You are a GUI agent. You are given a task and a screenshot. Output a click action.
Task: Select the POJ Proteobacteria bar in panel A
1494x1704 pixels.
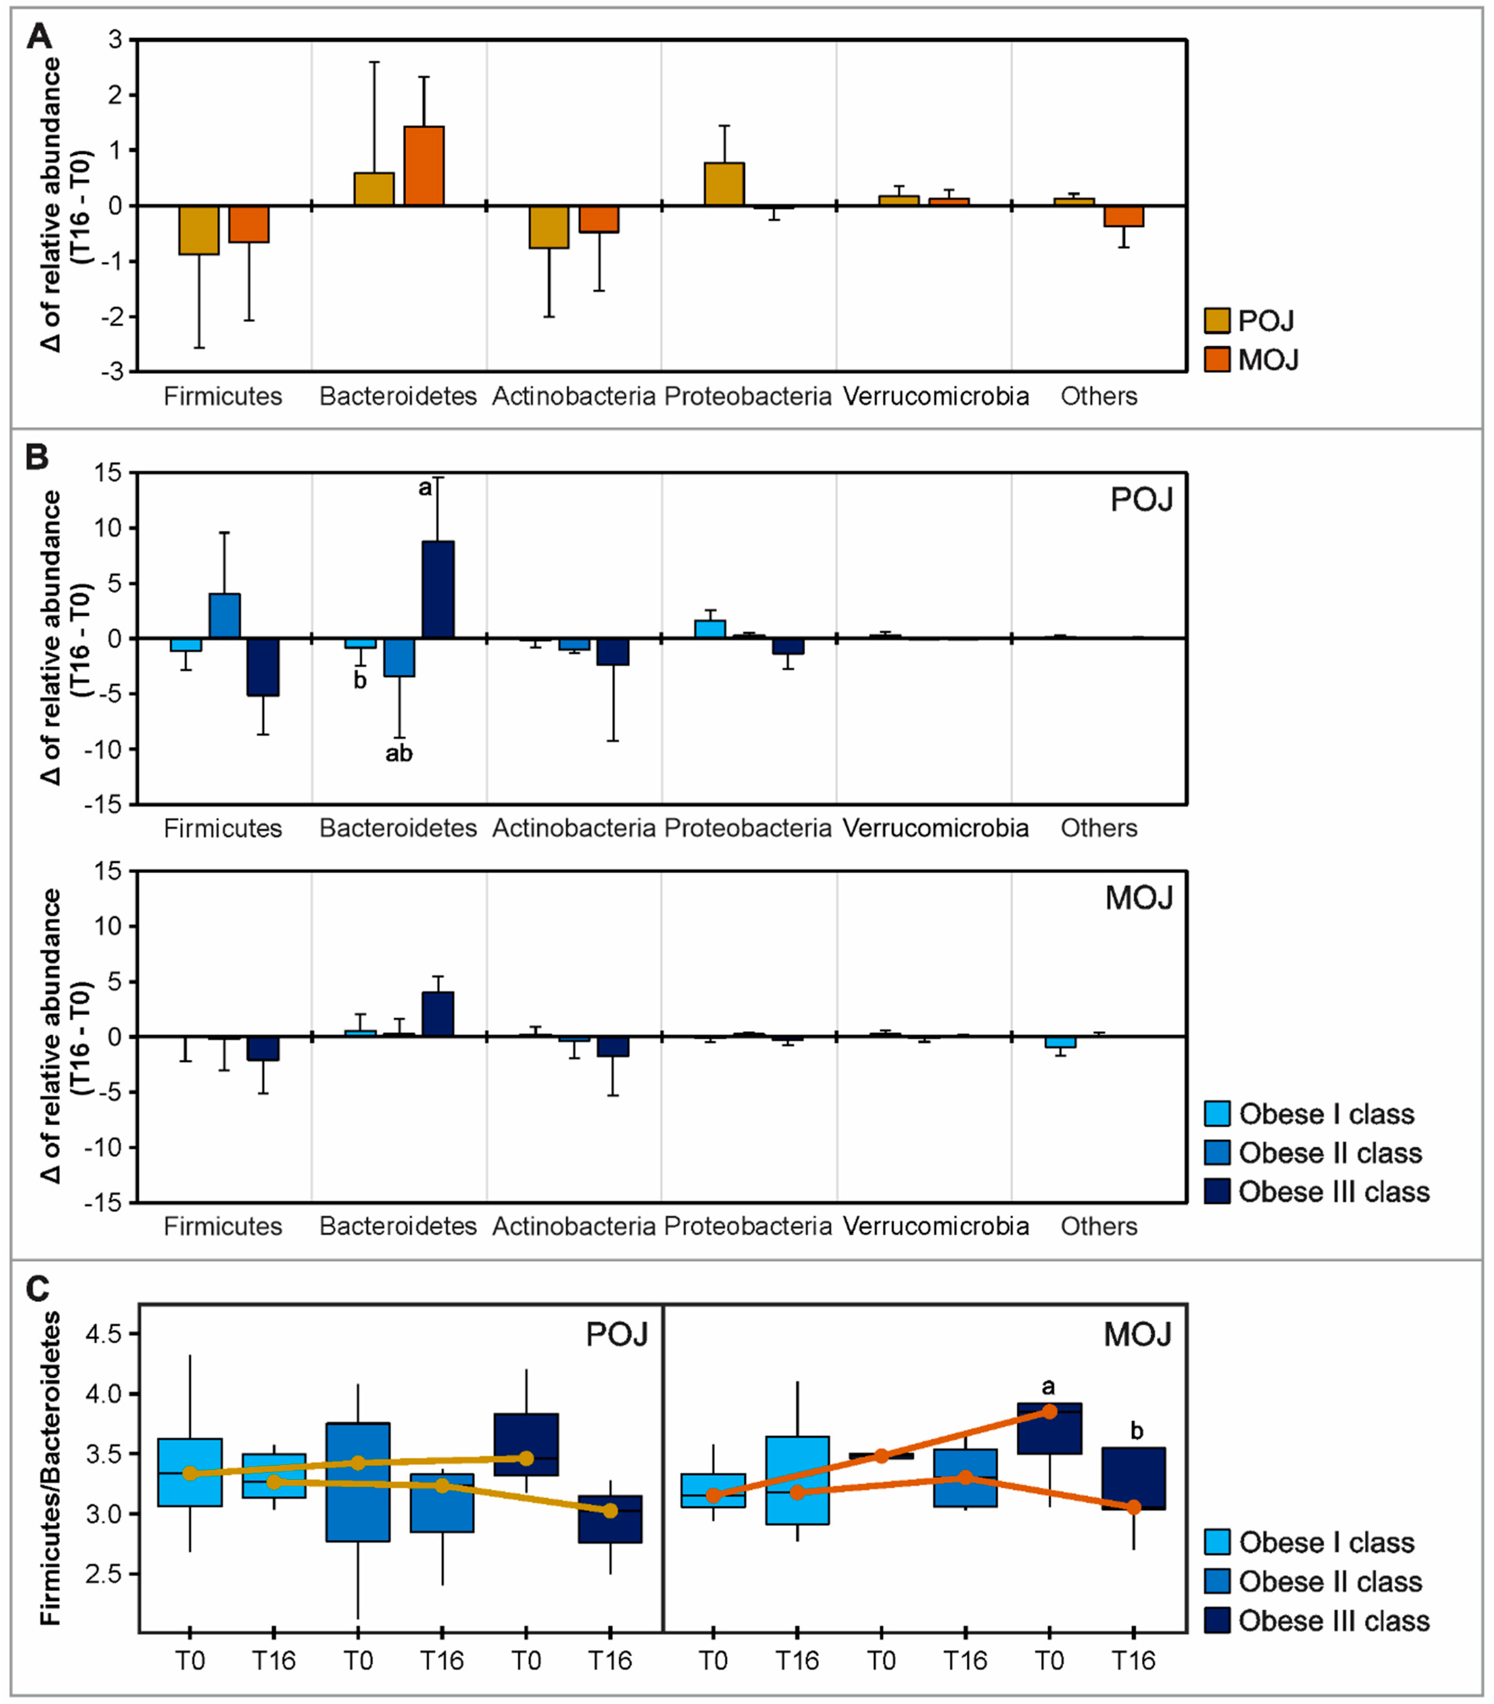724,184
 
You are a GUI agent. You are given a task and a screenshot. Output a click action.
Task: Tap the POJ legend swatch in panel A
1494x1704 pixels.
1217,321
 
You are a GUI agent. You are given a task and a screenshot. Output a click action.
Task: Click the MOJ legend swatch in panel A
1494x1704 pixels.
1217,360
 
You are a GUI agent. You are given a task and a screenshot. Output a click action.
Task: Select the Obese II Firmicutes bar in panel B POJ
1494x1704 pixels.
224,616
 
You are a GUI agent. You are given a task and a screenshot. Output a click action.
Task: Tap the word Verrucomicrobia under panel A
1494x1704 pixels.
935,396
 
